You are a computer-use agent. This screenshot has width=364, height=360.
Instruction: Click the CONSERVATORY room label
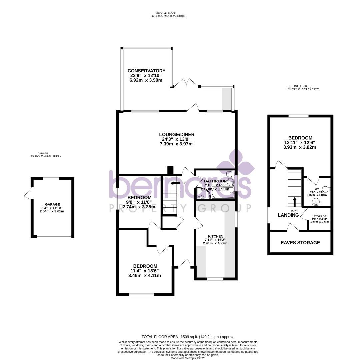point(146,71)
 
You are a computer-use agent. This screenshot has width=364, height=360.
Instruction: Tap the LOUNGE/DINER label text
point(177,134)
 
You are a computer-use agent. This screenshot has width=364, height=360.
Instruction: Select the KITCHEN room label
point(216,236)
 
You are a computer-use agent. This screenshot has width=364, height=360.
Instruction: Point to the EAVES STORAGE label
point(300,243)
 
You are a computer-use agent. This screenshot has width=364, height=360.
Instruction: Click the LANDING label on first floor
point(288,215)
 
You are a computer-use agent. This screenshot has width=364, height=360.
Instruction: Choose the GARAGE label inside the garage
point(52,204)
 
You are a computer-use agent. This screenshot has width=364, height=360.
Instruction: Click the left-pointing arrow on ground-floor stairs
point(174,183)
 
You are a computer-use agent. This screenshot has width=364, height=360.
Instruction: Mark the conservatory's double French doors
point(186,83)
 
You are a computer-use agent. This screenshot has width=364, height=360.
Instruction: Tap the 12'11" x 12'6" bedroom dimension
point(300,143)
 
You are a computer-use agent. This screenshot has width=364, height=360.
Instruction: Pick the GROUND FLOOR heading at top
point(168,13)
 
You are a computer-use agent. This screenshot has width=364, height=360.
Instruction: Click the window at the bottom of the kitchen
point(215,279)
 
